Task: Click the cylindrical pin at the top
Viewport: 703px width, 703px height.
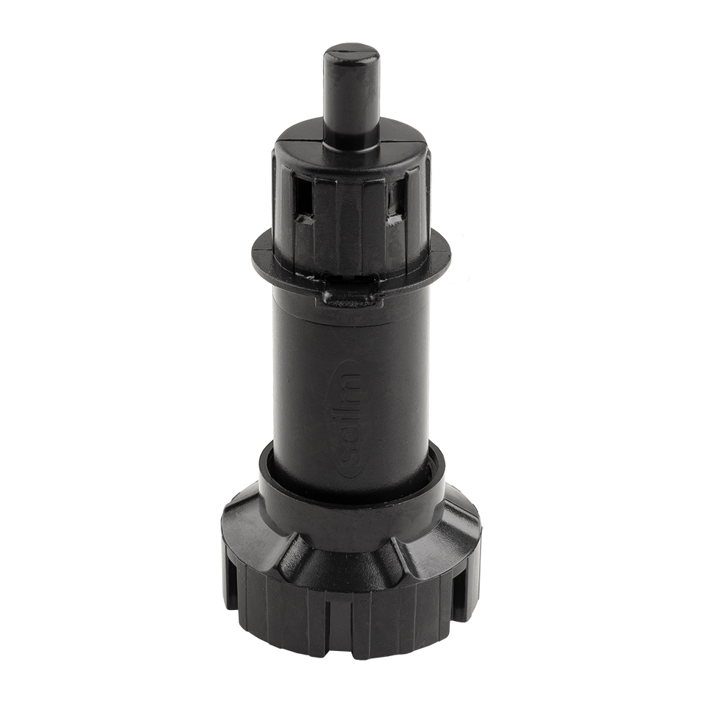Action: [351, 95]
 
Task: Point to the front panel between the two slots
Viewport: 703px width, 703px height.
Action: [349, 212]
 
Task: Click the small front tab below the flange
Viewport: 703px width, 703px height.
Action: [349, 297]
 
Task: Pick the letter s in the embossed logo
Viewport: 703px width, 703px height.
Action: [350, 460]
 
